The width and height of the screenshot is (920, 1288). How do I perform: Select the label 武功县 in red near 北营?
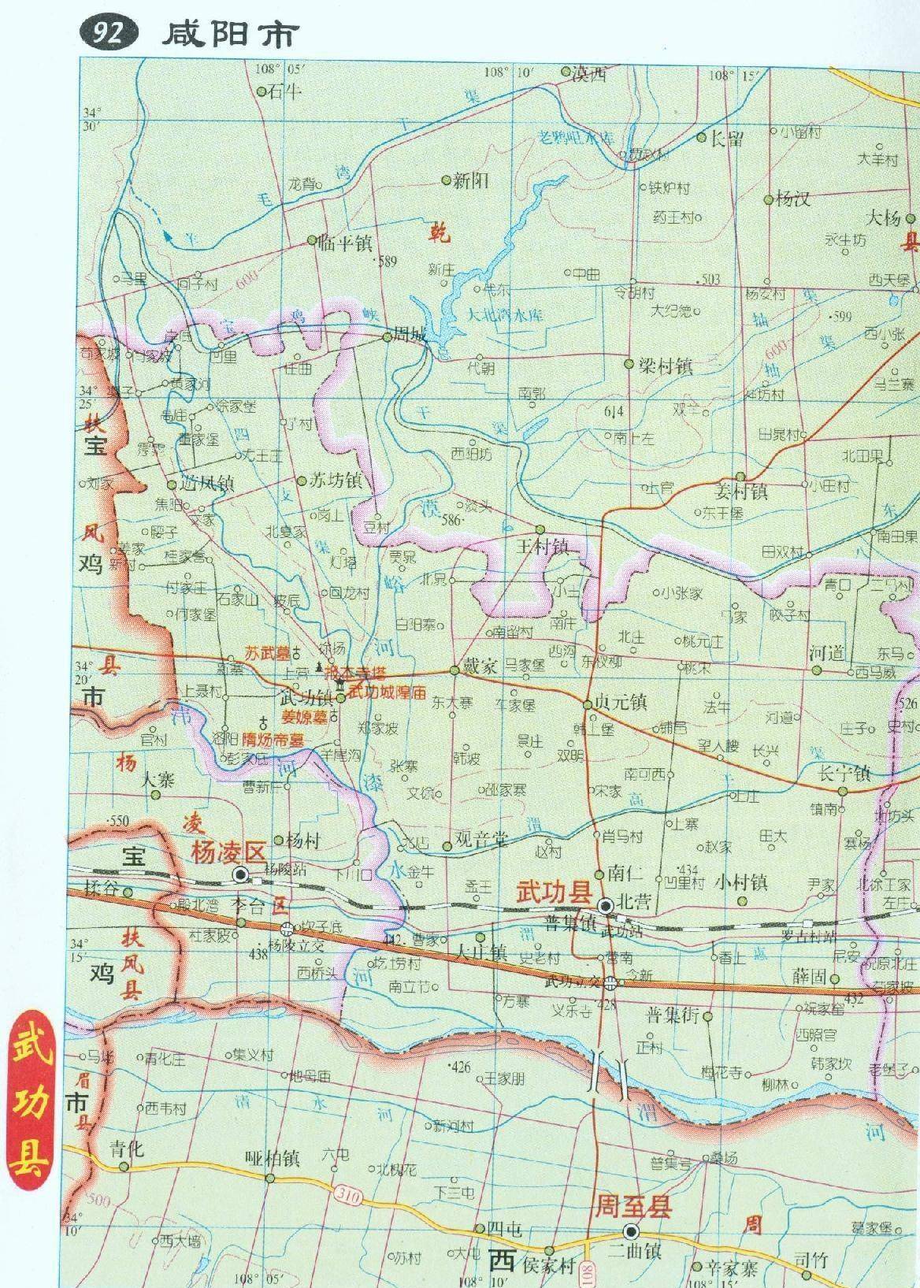tap(553, 893)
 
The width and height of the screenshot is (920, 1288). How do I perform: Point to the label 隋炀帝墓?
tap(273, 741)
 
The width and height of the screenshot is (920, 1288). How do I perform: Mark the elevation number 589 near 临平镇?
tap(387, 262)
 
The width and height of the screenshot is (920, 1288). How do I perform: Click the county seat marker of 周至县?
tap(630, 1230)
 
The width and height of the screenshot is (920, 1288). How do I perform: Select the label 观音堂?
tap(480, 840)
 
